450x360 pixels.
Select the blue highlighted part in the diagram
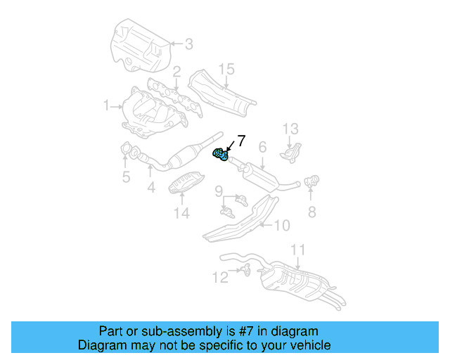point(220,153)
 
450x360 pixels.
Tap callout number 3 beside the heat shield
point(188,44)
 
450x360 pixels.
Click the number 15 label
point(225,69)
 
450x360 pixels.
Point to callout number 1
point(107,106)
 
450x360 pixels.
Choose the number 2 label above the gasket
point(177,71)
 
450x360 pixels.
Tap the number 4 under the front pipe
point(150,188)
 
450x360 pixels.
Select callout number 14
point(181,213)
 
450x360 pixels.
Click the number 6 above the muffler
point(262,147)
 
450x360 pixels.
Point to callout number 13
point(291,129)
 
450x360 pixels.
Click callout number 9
point(219,191)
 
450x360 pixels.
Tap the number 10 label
point(281,225)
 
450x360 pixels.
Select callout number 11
point(298,250)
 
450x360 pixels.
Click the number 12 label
point(221,278)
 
